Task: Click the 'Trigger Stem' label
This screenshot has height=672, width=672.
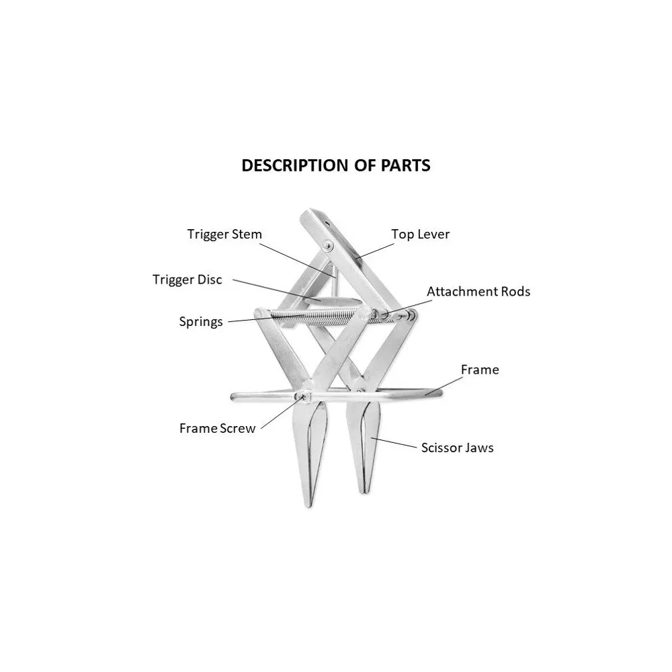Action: [224, 235]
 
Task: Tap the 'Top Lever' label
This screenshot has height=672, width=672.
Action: [420, 235]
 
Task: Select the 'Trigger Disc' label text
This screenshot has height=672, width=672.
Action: [187, 280]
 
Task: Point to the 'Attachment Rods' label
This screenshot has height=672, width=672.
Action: [478, 292]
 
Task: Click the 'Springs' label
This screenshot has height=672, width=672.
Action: [200, 322]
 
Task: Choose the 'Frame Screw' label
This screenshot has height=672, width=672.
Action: [217, 428]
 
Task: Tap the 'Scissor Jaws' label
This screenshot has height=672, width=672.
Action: [457, 448]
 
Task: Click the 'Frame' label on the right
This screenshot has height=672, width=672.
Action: [480, 370]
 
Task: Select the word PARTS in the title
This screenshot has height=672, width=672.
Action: [405, 165]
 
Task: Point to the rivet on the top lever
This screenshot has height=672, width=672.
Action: [328, 245]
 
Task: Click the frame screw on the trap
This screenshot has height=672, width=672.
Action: [304, 396]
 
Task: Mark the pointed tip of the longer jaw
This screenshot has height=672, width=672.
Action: [308, 507]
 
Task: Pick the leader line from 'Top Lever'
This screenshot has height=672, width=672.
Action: [374, 251]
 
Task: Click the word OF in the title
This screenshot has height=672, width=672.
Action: [365, 165]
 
